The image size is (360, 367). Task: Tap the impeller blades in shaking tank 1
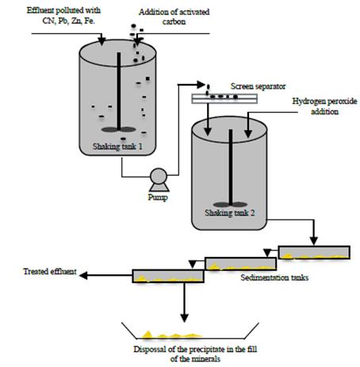pyautogui.click(x=119, y=129)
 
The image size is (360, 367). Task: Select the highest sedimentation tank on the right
pyautogui.click(x=312, y=253)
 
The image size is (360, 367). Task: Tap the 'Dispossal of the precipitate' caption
pyautogui.click(x=187, y=350)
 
